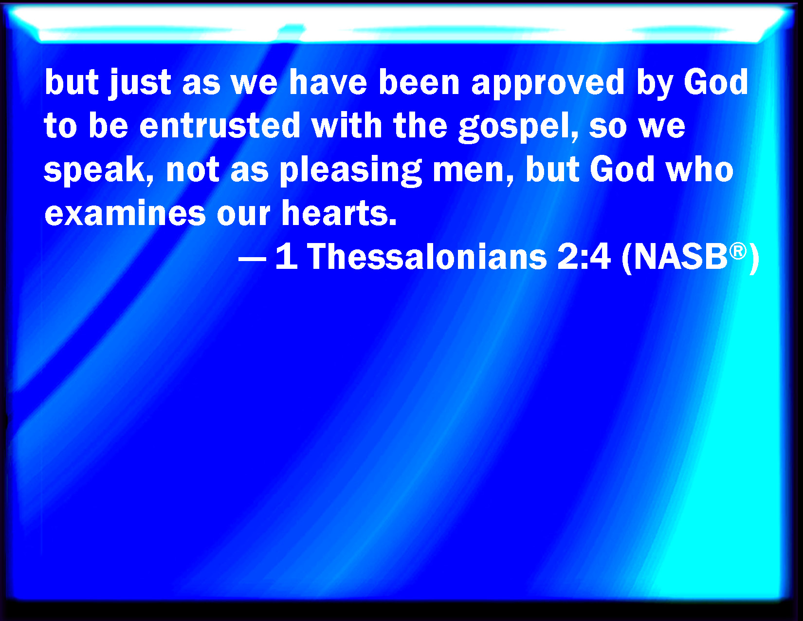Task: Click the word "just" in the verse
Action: pos(140,84)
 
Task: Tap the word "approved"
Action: pos(548,84)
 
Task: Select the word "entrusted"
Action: pos(219,126)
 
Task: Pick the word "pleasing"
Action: pos(351,170)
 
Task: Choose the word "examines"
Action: pos(125,213)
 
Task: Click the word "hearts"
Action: pos(339,213)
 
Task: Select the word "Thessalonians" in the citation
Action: pos(427,257)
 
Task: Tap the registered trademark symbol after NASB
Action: pos(738,251)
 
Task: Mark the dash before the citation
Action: pos(252,259)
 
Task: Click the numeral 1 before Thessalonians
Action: pos(286,256)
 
